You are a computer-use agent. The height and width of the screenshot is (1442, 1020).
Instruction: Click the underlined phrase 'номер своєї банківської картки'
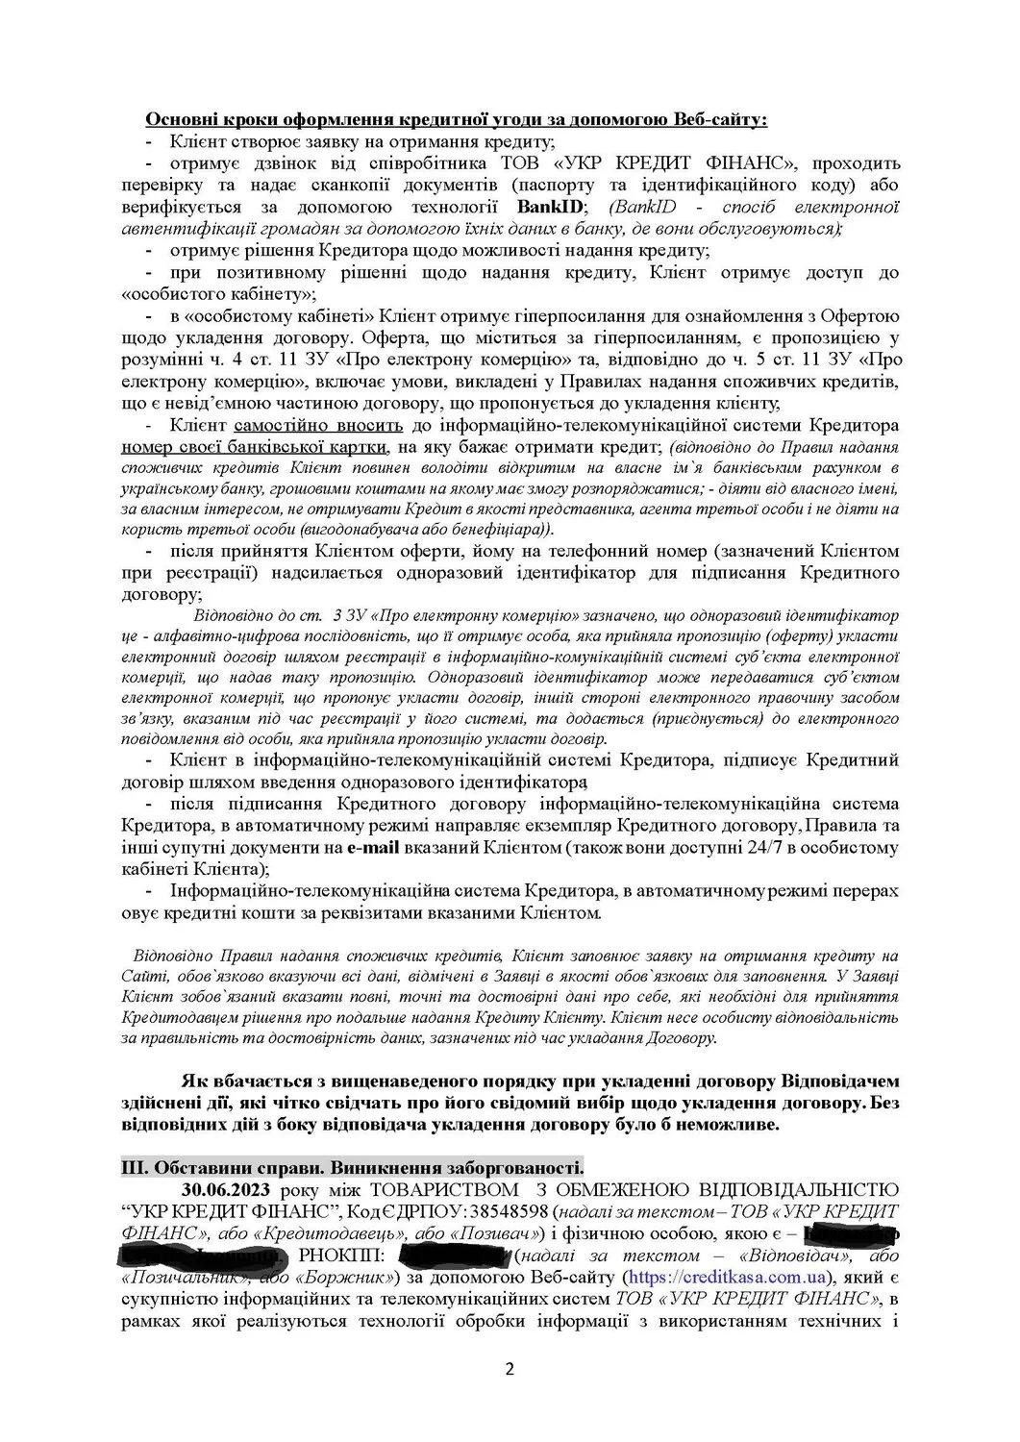(256, 447)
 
